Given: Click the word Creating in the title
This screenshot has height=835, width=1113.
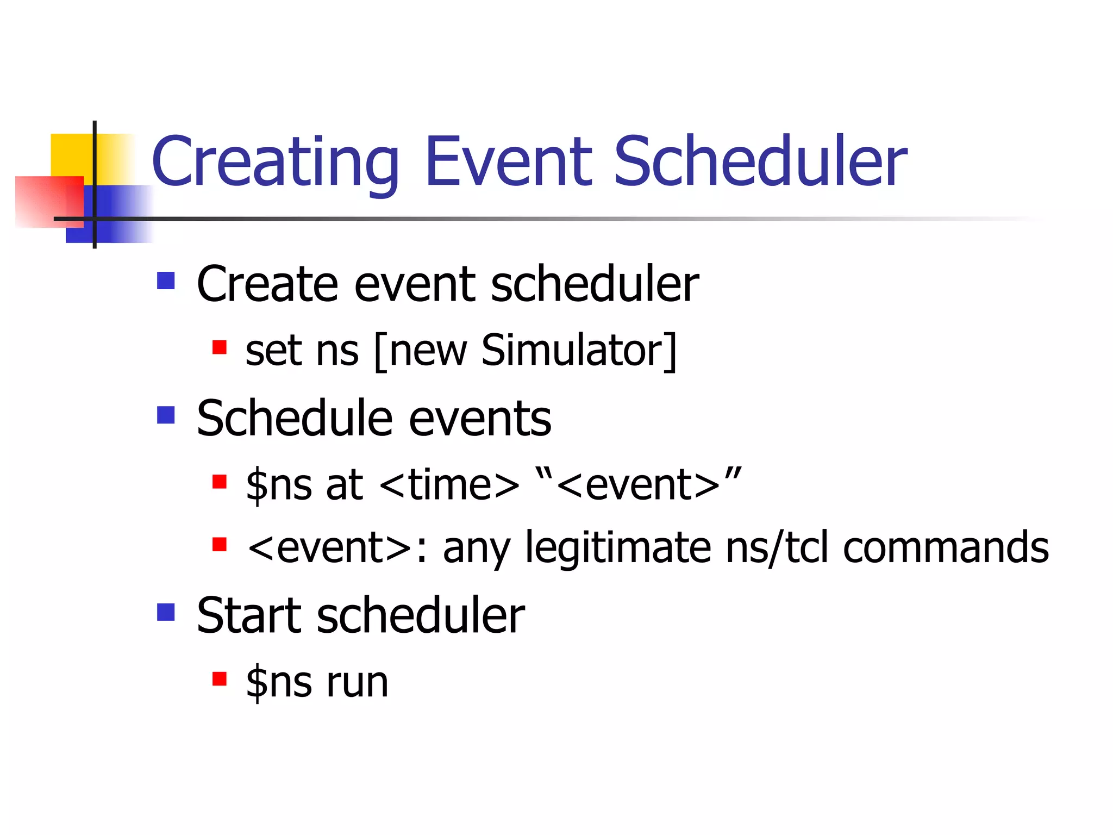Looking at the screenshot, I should [x=274, y=162].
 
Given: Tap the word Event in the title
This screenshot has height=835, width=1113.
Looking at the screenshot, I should [x=508, y=162].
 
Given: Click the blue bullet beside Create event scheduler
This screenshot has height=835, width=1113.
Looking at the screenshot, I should [x=166, y=281].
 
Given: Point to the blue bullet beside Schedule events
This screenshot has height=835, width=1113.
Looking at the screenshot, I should [x=166, y=415].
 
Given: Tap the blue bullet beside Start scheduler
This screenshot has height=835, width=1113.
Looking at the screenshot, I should [x=166, y=612].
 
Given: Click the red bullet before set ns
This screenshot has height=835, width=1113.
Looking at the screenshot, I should [x=219, y=347].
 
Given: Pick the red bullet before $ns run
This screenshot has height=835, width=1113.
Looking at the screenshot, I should [x=219, y=679].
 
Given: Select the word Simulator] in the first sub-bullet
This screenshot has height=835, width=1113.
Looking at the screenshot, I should [x=579, y=351].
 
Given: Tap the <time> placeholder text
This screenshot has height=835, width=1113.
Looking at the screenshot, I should [x=449, y=484].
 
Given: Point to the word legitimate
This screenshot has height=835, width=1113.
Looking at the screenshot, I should [x=618, y=548].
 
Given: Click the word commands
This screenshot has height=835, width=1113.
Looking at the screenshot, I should [x=946, y=548].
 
